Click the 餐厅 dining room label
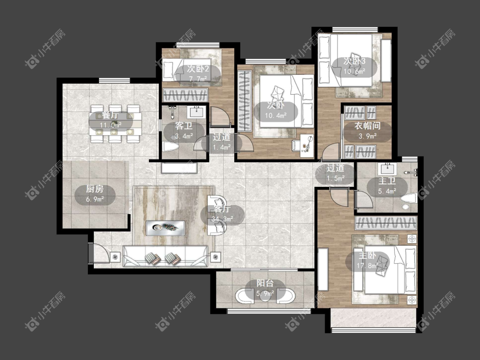pos(110,116)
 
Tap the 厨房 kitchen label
pos(95,189)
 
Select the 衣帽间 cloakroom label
pos(367,126)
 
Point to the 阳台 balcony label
pos(265,284)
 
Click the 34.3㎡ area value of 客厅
pos(222,219)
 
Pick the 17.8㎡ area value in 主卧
pos(367,265)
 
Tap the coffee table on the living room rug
pos(166,228)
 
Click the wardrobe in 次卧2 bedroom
pos(185,95)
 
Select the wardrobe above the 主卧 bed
pos(386,223)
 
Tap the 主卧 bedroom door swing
pos(340,198)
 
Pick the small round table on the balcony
pos(265,296)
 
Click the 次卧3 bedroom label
pos(355,61)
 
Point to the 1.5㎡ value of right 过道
pos(335,178)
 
